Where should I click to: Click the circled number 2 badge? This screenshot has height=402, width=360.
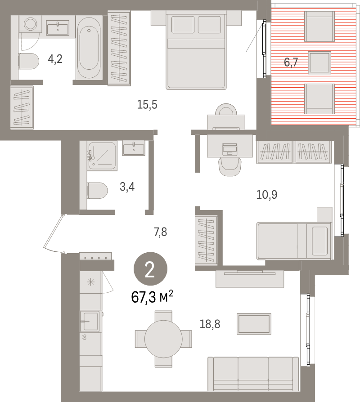click(150, 270)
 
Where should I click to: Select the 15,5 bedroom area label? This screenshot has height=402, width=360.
click(147, 105)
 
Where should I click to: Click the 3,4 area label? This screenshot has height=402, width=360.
click(127, 186)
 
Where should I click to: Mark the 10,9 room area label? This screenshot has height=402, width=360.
click(266, 195)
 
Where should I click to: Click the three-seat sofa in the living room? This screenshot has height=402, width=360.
click(252, 373)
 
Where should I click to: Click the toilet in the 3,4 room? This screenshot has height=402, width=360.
click(98, 191)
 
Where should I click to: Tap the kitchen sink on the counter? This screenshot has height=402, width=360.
click(90, 318)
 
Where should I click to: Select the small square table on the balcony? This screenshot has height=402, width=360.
click(319, 63)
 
